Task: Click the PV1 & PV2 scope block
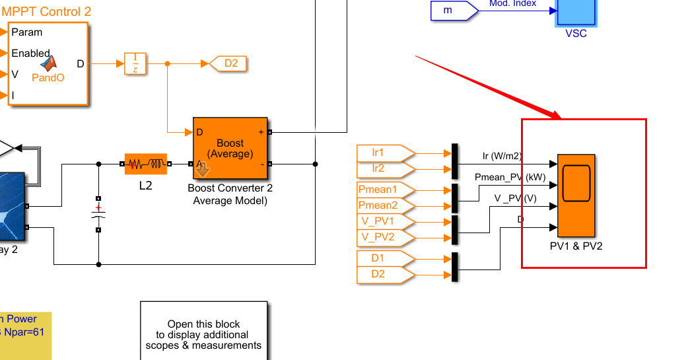coord(576,196)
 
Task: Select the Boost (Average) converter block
coord(230,148)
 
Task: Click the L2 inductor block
coord(145,164)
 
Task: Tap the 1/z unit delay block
coord(135,64)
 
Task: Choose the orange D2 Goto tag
coord(228,64)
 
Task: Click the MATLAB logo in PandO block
coord(48,63)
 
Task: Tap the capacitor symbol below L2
coord(98,214)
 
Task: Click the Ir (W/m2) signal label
coord(502,157)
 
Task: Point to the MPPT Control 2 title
coord(47,12)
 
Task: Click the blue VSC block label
coord(576,34)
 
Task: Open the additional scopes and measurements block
coord(203,330)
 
